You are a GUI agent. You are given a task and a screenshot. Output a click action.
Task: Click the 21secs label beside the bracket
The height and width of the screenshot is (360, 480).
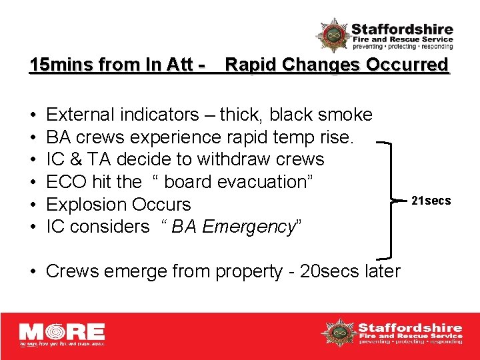pos(431,201)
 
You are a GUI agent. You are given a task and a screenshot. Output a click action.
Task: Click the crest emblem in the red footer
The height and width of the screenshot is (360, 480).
pos(338,332)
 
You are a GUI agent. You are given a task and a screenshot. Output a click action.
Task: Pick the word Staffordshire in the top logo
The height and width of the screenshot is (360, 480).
pos(402,29)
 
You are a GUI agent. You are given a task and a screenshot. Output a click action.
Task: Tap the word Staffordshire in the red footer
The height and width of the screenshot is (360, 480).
pos(410,327)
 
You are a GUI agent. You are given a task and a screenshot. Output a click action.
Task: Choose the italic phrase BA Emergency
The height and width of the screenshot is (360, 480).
pos(233,227)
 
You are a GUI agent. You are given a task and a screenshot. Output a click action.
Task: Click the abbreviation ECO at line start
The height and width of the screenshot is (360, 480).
pos(65,182)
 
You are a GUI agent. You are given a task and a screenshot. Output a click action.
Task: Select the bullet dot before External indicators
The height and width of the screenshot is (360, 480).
pos(33,115)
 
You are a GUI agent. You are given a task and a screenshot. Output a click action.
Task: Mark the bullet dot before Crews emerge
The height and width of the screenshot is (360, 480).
pos(33,272)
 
